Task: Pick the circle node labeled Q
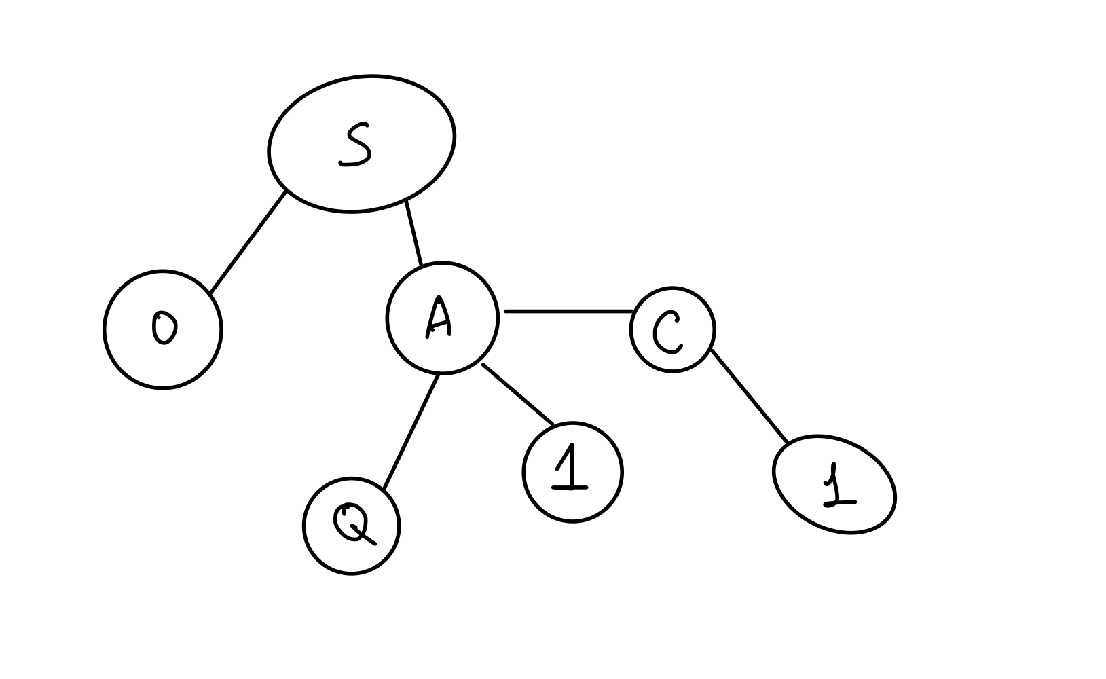326,550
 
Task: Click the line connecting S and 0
247,244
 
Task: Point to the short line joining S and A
413,232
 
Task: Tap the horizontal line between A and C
569,312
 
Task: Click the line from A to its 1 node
517,394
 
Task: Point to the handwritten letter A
439,318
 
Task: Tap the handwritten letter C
667,333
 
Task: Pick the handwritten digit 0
163,327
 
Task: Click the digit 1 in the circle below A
570,469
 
